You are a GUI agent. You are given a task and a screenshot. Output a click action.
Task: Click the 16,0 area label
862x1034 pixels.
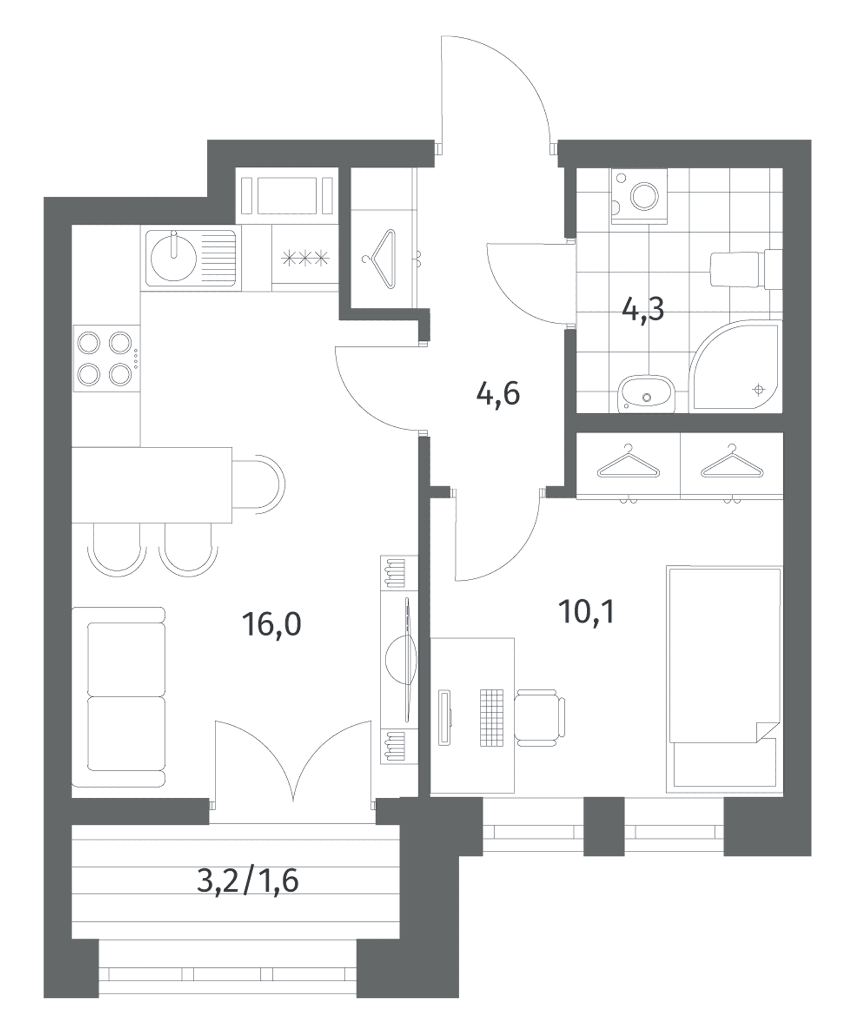pos(272,624)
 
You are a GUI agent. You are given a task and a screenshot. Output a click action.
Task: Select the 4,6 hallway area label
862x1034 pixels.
pos(498,394)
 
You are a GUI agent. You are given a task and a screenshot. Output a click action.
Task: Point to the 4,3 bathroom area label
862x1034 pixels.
pos(643,310)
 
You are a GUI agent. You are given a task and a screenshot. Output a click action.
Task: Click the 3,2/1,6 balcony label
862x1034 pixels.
pos(248,881)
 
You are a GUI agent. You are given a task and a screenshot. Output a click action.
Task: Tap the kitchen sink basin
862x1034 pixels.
pos(174,257)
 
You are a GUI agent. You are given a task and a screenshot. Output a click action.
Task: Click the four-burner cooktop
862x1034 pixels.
pos(106,359)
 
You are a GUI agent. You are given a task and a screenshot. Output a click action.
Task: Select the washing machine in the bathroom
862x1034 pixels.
pos(640,196)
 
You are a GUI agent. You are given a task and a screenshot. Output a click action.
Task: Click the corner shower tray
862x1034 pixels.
pos(736,365)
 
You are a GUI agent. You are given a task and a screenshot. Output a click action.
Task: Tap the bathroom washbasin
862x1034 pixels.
pos(646,394)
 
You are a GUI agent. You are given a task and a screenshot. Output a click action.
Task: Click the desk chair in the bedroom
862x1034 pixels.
pos(539,717)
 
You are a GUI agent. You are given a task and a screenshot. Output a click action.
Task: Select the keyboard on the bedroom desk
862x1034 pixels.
pos(491,717)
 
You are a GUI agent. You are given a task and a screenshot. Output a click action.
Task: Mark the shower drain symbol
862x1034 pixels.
pos(759,390)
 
